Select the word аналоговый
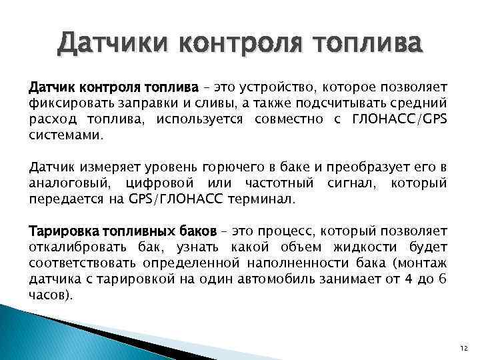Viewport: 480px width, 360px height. [x=70, y=183]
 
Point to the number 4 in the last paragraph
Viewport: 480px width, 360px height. [x=411, y=278]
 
